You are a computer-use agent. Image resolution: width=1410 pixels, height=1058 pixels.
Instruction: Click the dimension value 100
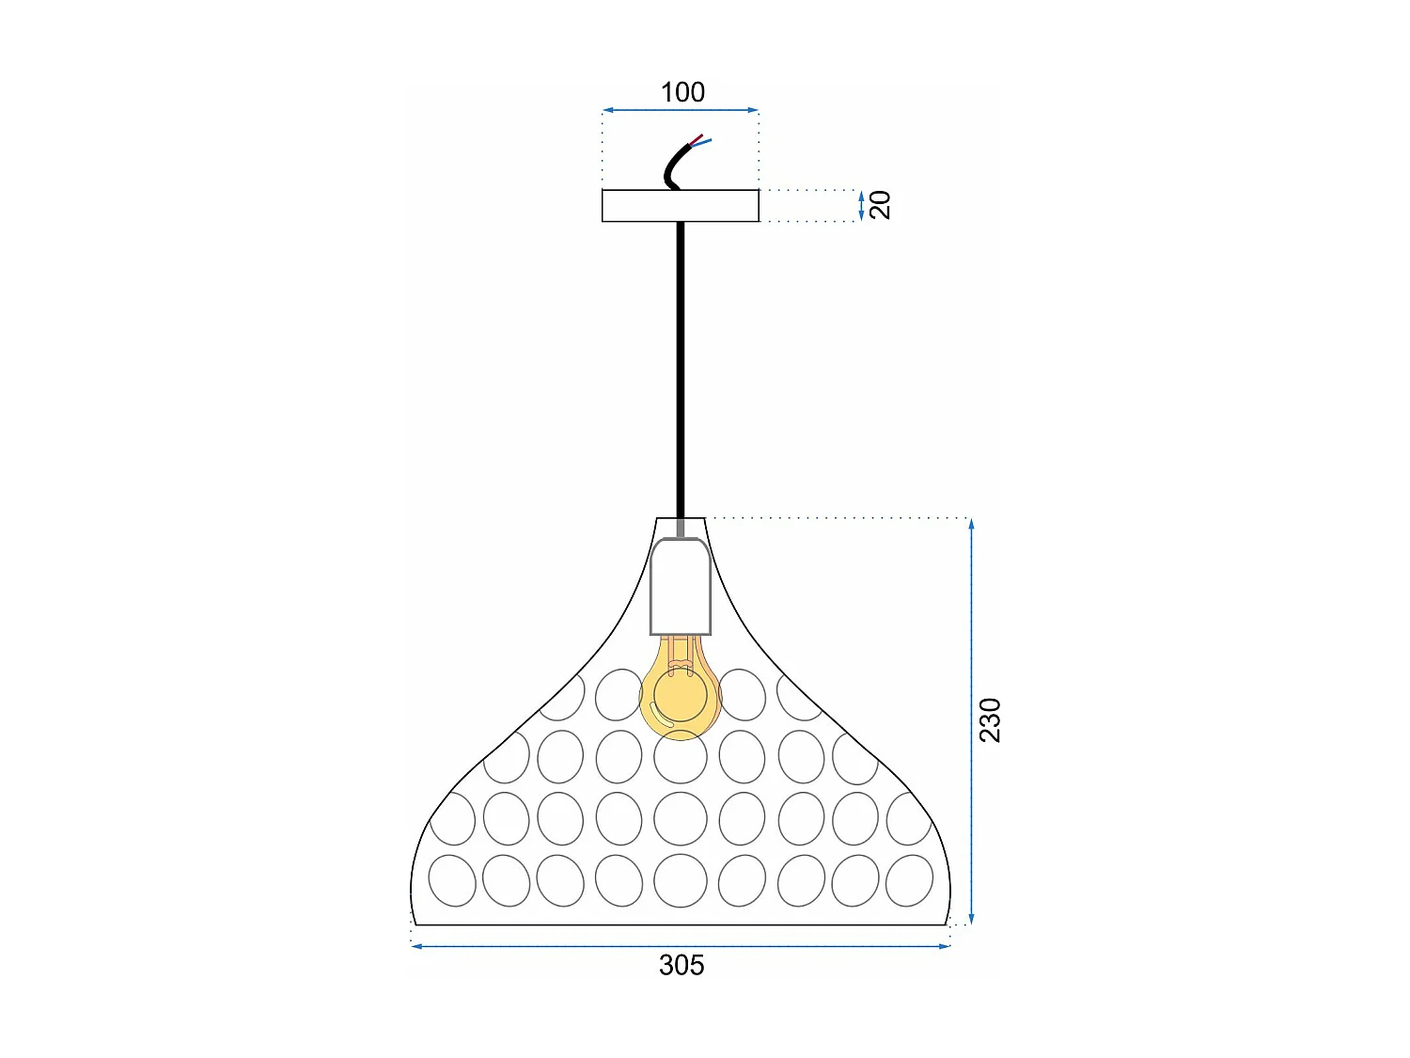coord(682,92)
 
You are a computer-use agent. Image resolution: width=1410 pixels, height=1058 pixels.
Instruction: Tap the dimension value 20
coord(880,205)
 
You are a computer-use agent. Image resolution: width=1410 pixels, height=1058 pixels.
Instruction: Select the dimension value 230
coord(990,720)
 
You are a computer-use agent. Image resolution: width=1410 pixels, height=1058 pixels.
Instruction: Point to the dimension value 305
coord(681,966)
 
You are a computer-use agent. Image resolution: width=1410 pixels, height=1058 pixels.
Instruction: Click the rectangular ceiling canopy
coord(681,206)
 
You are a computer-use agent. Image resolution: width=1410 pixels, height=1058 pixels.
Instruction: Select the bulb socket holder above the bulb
coord(681,585)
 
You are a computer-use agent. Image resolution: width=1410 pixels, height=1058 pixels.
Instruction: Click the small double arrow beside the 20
coord(861,206)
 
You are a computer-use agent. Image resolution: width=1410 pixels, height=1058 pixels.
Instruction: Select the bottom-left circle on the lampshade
coord(452,881)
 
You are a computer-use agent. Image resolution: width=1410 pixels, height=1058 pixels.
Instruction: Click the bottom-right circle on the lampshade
coord(909,881)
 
